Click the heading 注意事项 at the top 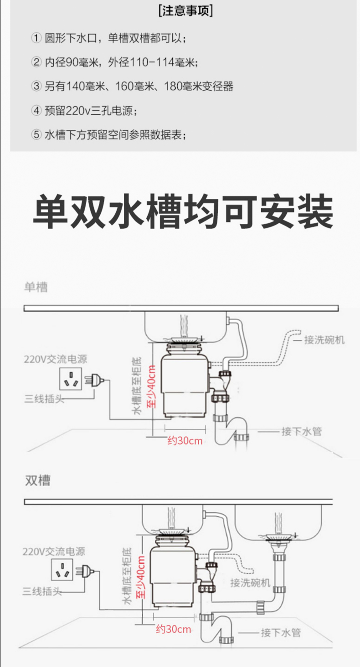coord(185,11)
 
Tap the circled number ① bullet coord(36,38)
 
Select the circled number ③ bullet coord(36,87)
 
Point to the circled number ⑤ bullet coord(36,135)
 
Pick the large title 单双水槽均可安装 coord(183,211)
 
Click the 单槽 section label coord(36,287)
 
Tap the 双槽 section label coord(37,480)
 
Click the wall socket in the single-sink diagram coord(71,379)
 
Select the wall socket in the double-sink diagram coord(62,570)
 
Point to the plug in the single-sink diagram coord(94,380)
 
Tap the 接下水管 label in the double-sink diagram coord(281,632)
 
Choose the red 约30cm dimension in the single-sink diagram coord(185,441)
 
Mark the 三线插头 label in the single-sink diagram coord(44,398)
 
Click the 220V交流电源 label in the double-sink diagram coord(54,551)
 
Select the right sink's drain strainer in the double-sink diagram coord(278,535)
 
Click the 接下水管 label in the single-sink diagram coord(302,431)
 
